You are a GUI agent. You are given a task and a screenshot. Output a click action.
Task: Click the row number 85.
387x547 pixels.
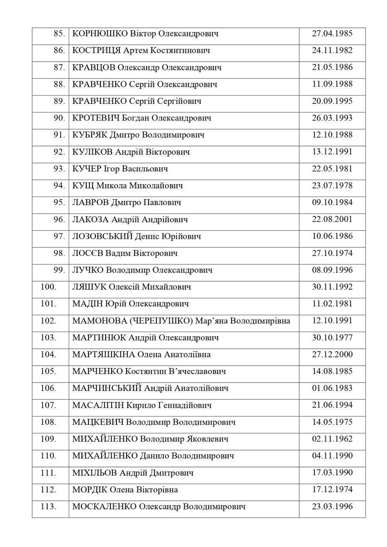59,34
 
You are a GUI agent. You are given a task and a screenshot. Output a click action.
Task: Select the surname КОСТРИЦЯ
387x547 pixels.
97,51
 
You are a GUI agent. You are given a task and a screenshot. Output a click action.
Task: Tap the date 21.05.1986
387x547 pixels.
332,68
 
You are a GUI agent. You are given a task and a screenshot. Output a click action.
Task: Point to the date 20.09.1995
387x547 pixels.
332,101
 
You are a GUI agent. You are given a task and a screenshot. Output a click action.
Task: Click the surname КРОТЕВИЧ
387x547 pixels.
96,118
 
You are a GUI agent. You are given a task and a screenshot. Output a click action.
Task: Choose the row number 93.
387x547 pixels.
59,169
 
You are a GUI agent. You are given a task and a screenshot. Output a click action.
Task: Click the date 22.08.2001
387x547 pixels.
332,220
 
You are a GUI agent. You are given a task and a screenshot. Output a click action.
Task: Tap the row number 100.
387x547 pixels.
48,287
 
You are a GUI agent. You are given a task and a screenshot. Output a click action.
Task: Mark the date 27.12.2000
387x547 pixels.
332,355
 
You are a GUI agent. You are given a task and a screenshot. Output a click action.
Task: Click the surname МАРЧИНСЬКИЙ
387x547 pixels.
107,388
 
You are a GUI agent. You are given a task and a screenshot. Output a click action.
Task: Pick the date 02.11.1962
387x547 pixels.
332,439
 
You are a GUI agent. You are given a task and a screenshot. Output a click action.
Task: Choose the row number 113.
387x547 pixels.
48,507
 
